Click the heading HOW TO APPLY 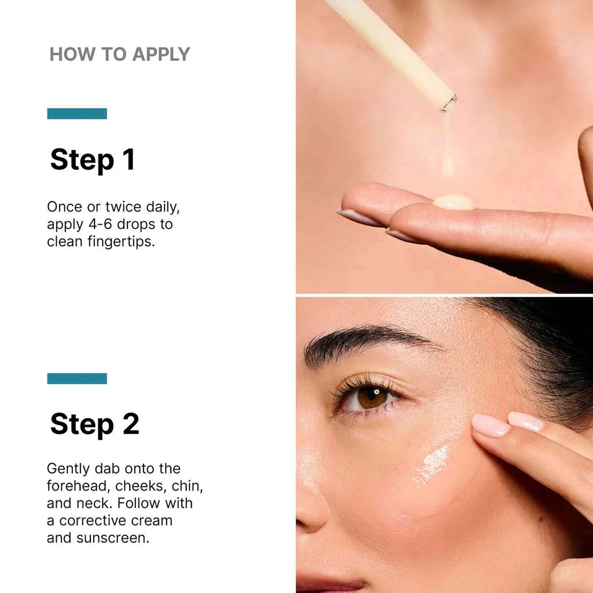(119, 54)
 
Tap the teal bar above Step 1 (77, 114)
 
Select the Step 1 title (93, 159)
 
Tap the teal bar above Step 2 (77, 378)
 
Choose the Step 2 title (94, 424)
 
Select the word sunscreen (114, 537)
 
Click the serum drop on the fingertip (454, 202)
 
